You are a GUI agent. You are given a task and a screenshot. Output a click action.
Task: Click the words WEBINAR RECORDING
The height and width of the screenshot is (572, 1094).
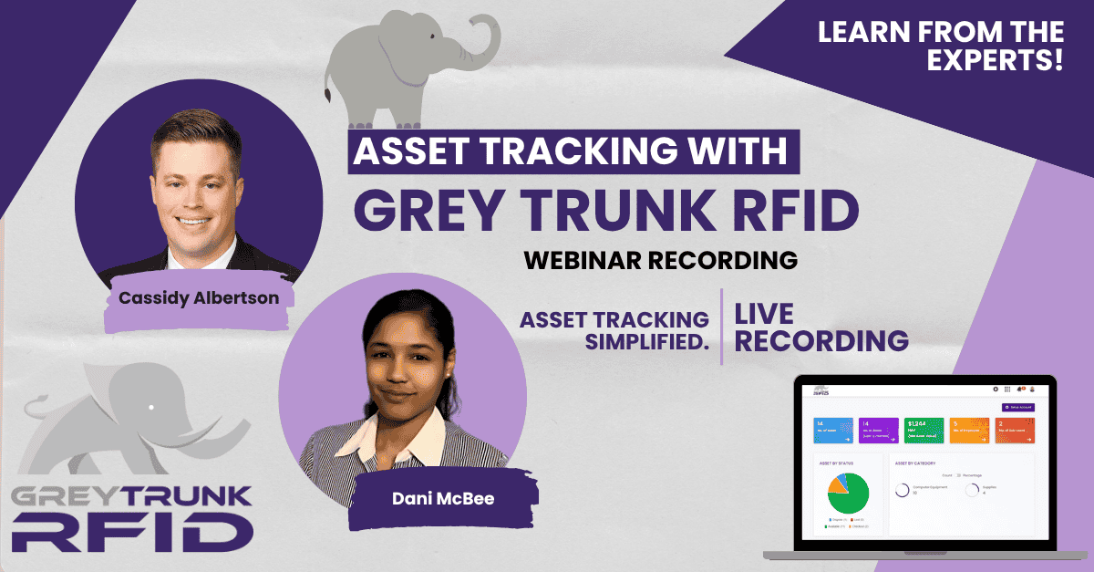(660, 259)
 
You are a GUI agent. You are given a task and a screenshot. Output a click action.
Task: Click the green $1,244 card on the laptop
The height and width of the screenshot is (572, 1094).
(924, 430)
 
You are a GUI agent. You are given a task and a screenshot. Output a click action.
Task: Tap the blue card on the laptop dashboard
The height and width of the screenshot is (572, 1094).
(832, 430)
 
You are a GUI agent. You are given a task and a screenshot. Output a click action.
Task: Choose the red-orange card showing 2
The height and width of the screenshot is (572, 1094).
(1016, 430)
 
